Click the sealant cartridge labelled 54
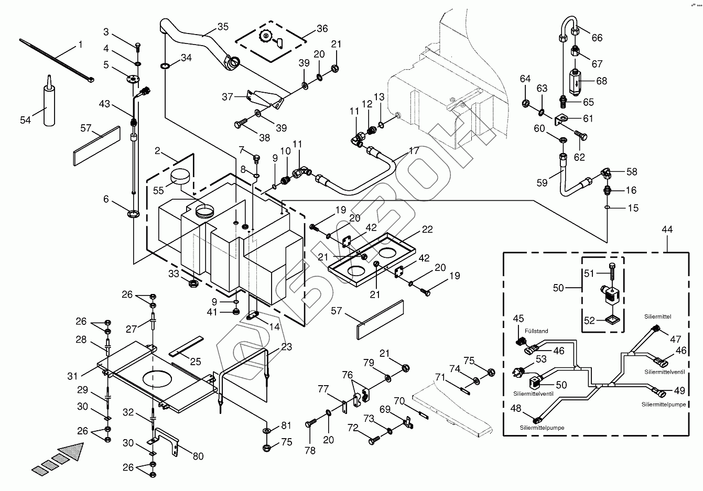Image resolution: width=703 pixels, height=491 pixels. [49, 104]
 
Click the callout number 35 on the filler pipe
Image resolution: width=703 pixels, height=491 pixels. [223, 27]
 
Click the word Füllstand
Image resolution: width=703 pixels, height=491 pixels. [536, 331]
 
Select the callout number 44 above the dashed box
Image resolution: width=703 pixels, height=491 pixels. [667, 230]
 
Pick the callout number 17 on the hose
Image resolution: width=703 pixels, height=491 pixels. [414, 150]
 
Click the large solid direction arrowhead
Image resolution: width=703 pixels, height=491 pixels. [73, 452]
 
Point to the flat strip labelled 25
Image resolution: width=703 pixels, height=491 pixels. [186, 346]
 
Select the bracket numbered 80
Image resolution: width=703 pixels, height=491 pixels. [166, 438]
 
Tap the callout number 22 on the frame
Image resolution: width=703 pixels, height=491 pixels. [427, 230]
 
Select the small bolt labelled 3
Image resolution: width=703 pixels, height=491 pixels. [138, 48]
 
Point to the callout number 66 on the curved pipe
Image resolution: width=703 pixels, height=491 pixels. [597, 38]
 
